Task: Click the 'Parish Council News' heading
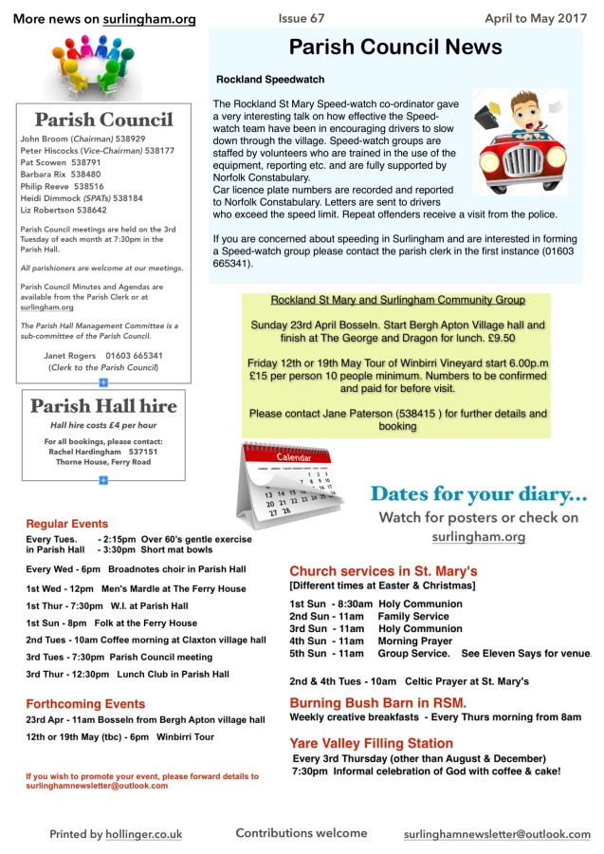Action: [394, 48]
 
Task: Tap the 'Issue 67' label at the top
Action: [302, 18]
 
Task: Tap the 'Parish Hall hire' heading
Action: [103, 406]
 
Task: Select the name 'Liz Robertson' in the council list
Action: [49, 212]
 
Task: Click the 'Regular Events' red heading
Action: [67, 524]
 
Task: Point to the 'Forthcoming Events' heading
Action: [85, 704]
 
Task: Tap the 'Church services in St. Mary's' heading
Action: [383, 571]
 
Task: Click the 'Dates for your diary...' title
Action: [479, 493]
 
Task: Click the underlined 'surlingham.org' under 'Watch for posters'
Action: [479, 537]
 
